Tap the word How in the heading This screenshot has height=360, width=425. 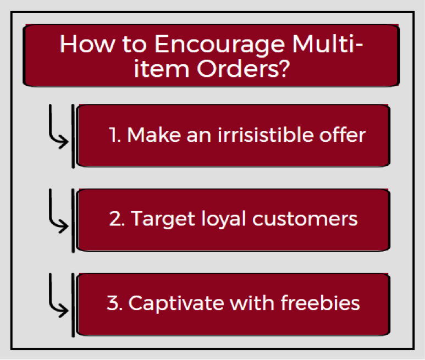pos(87,43)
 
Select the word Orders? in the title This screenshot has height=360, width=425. pos(244,68)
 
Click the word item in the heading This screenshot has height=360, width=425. pos(162,68)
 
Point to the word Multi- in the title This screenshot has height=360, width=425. pos(328,43)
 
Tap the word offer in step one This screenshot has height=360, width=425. pos(343,134)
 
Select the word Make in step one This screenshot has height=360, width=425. pos(154,134)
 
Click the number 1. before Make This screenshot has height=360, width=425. pos(114,134)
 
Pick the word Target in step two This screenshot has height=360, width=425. pos(163,219)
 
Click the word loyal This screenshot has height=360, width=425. pos(224,218)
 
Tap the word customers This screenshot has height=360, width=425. pos(305,219)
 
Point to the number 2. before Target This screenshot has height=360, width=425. pos(117,219)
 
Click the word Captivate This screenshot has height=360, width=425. pos(176,303)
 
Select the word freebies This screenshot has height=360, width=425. pos(321,303)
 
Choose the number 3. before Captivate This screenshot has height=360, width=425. pos(115,303)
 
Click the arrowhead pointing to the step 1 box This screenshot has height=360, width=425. pos(64,141)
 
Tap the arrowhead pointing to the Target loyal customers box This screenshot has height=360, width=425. pos(64,226)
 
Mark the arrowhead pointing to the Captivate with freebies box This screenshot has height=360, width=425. pos(64,310)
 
